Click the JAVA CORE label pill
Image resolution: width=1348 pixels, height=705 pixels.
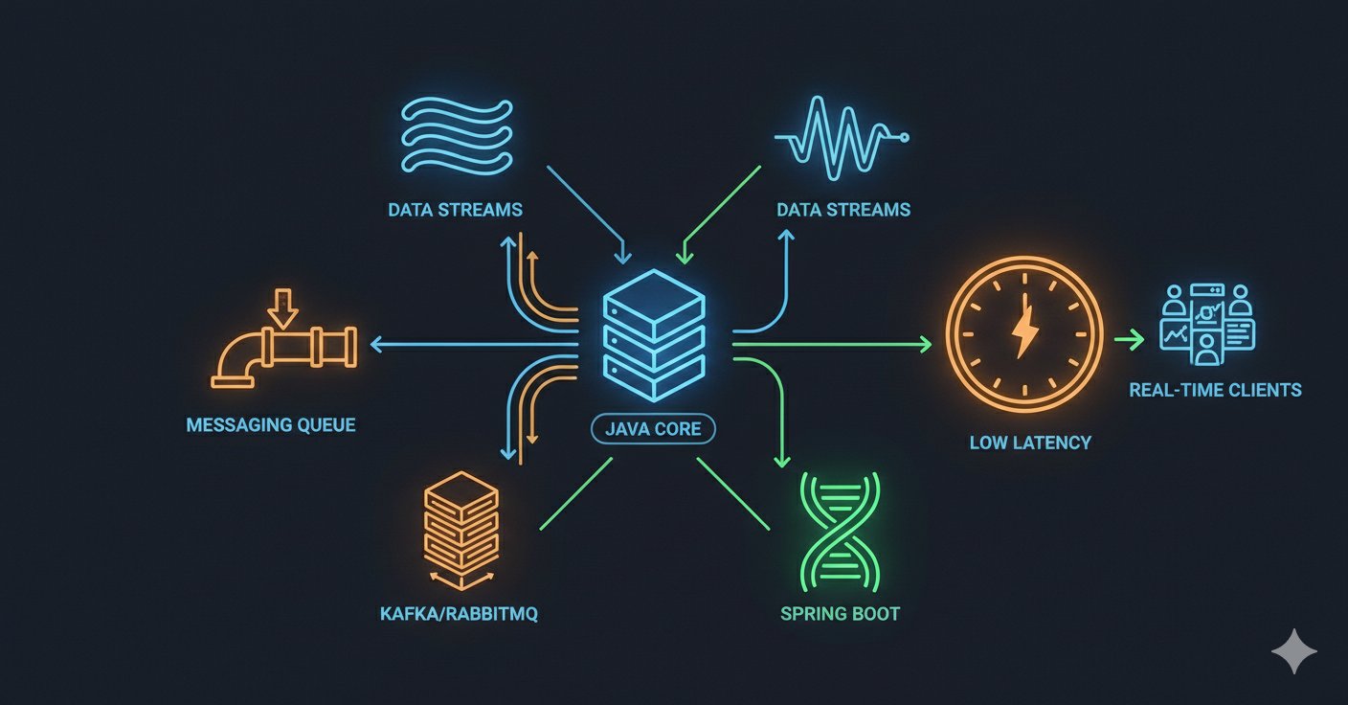click(x=654, y=429)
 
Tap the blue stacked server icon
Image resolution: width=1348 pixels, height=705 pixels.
click(x=654, y=336)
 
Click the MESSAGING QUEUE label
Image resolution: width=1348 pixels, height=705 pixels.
click(x=271, y=425)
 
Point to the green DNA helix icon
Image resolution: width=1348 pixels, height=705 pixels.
click(x=840, y=533)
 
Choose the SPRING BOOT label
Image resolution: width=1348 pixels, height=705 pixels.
click(x=840, y=614)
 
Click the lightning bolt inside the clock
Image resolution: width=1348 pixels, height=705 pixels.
click(x=1024, y=332)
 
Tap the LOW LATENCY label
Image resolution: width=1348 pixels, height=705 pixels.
click(x=1030, y=443)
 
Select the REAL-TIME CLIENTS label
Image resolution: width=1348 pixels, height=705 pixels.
click(x=1215, y=390)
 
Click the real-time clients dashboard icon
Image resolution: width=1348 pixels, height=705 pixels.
click(x=1207, y=325)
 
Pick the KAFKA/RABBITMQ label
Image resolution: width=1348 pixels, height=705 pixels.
click(x=459, y=614)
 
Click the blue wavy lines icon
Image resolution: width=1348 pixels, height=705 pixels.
click(x=457, y=136)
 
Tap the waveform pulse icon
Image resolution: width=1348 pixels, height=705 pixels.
click(x=842, y=138)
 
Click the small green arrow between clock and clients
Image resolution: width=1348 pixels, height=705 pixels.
click(x=1129, y=339)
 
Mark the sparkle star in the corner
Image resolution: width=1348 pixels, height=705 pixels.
click(x=1293, y=650)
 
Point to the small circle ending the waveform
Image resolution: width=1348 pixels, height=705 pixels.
click(x=904, y=138)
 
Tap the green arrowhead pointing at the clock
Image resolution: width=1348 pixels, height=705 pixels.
click(x=925, y=345)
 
